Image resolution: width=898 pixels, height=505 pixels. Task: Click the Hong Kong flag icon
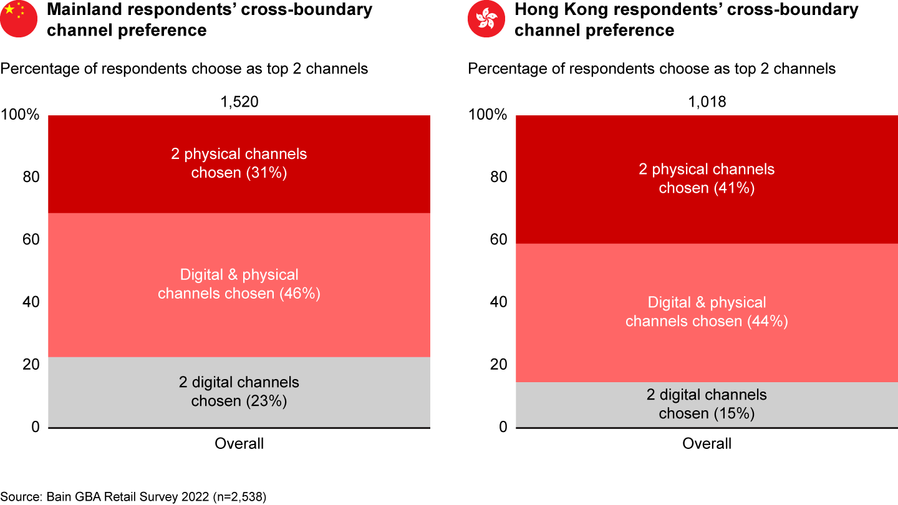point(486,19)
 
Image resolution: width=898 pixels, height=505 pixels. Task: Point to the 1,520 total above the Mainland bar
point(239,102)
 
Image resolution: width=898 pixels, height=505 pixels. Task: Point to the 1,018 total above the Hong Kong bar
point(707,102)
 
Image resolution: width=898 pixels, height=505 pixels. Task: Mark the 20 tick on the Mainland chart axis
point(31,365)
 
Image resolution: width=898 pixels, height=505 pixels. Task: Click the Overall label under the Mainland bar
point(239,444)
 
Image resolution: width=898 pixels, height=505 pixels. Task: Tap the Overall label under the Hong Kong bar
point(707,444)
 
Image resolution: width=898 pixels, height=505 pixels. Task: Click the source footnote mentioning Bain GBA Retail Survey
point(133,496)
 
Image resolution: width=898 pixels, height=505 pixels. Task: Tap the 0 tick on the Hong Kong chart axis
point(503,427)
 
